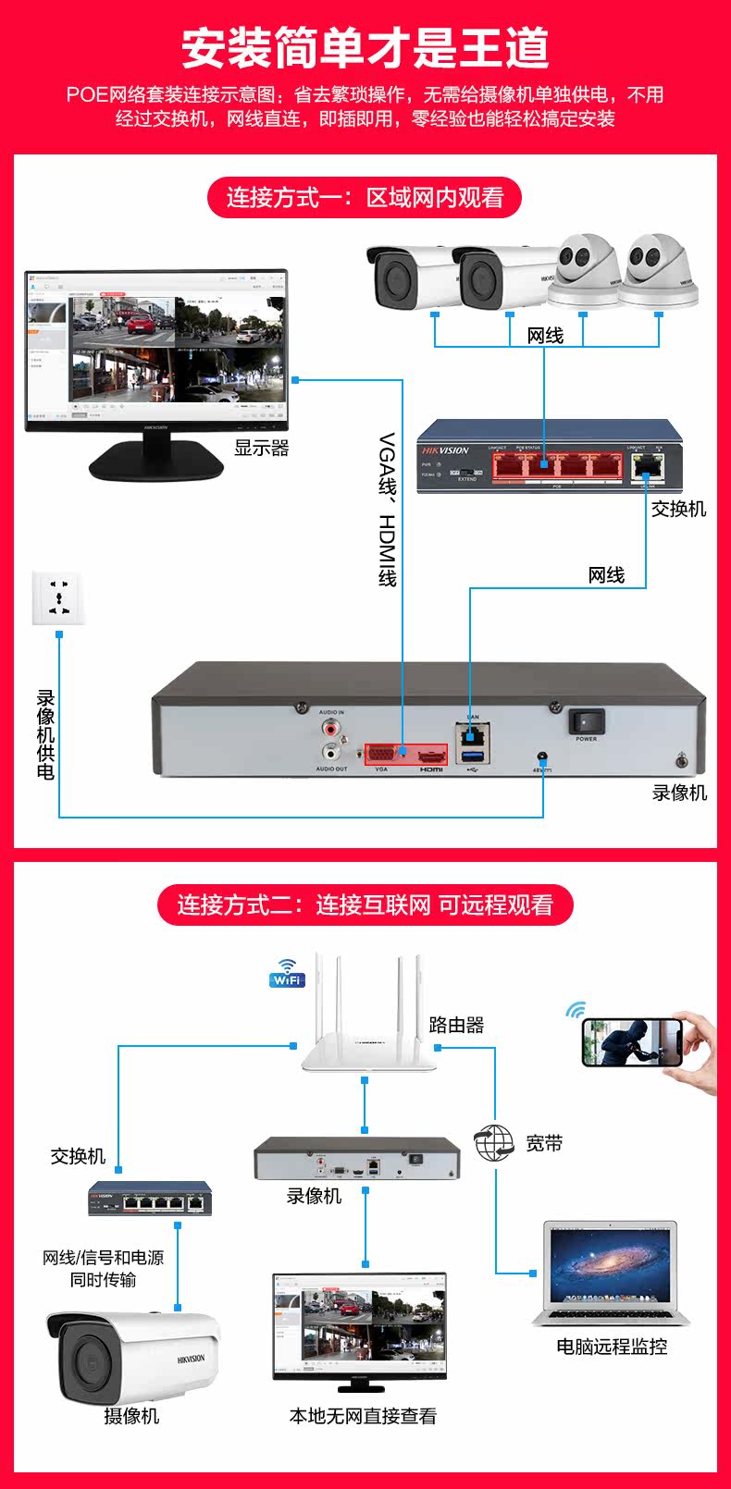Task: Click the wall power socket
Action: pyautogui.click(x=58, y=597)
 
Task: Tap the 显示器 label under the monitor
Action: pyautogui.click(x=262, y=448)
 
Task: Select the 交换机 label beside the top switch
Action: pyautogui.click(x=678, y=509)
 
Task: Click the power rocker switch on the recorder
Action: pyautogui.click(x=586, y=721)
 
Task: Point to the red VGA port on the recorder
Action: pyautogui.click(x=383, y=755)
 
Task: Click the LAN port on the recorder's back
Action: pyautogui.click(x=473, y=736)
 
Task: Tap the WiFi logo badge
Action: pyautogui.click(x=287, y=974)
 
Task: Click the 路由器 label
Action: pyautogui.click(x=456, y=1025)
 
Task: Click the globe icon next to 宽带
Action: pyautogui.click(x=494, y=1143)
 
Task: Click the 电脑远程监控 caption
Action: pyautogui.click(x=612, y=1347)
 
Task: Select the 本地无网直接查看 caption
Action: pyautogui.click(x=363, y=1416)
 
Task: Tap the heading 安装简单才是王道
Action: pyautogui.click(x=365, y=48)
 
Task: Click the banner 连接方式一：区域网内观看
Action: pyautogui.click(x=365, y=198)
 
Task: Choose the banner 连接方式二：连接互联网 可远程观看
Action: pyautogui.click(x=365, y=904)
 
